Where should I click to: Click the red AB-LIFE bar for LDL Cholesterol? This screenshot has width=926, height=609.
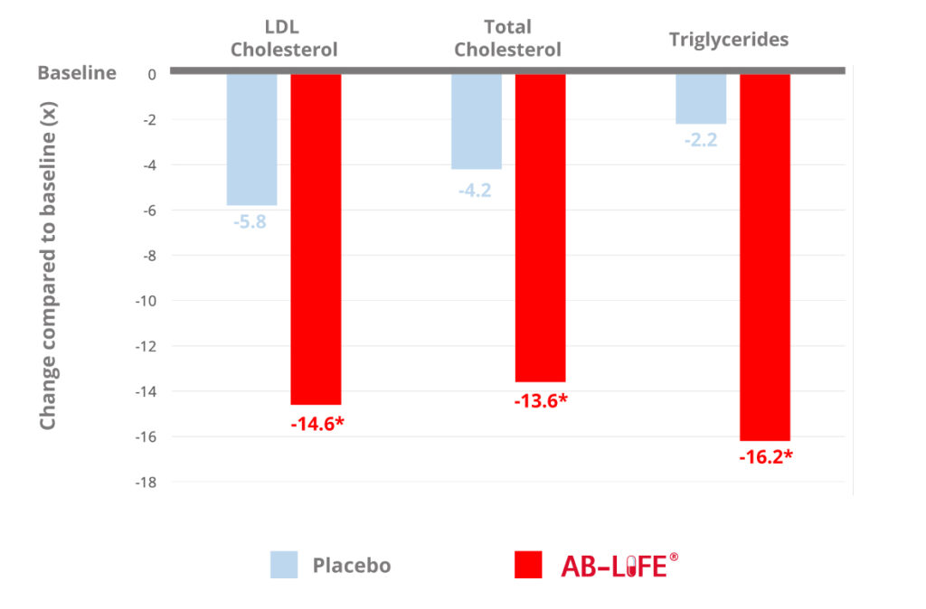point(316,239)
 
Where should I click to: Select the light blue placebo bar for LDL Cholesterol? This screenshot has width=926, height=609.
point(251,139)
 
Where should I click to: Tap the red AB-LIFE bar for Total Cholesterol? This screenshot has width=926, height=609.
point(540,228)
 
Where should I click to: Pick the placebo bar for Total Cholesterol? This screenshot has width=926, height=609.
point(477,121)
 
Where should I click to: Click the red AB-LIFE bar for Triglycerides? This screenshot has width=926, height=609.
point(765,257)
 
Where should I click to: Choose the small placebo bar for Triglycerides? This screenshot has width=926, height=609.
point(701,98)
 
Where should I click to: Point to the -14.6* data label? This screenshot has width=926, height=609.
point(317,422)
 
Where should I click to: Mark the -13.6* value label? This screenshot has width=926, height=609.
point(541,399)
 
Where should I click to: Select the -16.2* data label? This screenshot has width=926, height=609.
point(766,456)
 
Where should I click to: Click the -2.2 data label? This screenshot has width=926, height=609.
point(700,140)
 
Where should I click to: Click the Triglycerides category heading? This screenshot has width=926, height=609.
point(729,39)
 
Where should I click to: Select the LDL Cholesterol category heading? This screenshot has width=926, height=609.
point(284,39)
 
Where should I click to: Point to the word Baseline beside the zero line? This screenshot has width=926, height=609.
point(77,73)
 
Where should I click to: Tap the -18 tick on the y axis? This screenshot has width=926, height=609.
point(146,482)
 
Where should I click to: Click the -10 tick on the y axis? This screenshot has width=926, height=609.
point(146,301)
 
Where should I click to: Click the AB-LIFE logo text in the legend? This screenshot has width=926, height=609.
point(619,566)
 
